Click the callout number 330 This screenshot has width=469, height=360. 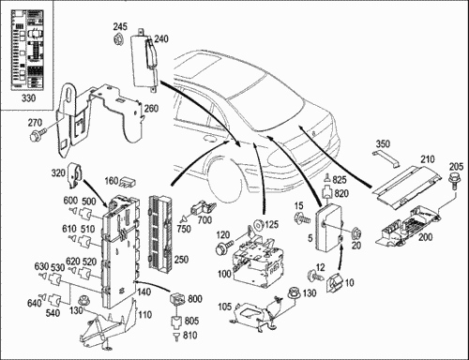(28, 98)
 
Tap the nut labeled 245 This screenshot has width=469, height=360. (118, 39)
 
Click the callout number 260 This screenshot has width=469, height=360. (151, 109)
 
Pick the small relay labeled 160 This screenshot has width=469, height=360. (128, 182)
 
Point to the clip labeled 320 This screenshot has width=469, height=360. (75, 174)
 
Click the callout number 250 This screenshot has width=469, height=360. (181, 259)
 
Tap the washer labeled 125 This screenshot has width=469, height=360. (260, 225)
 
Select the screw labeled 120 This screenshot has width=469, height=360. (224, 247)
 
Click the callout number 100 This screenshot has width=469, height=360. (224, 274)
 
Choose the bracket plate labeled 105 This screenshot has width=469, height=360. (252, 313)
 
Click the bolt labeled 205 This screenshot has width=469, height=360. (454, 182)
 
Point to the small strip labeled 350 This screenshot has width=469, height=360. (386, 157)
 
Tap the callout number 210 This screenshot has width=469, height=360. (428, 159)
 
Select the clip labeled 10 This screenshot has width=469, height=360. (334, 283)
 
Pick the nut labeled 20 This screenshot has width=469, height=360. (356, 232)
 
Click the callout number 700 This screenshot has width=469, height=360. (204, 220)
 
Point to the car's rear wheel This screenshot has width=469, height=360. (224, 177)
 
